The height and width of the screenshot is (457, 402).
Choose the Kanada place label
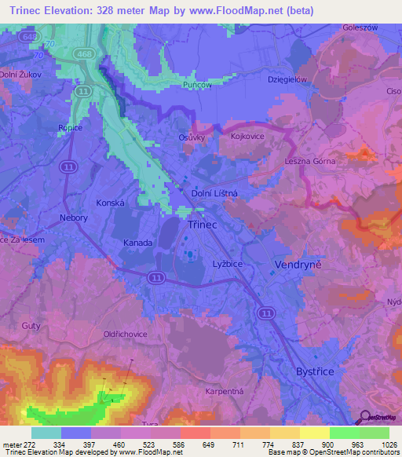tap(137, 243)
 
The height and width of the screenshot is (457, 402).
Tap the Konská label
tap(111, 202)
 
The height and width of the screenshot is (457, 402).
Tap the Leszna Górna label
tap(310, 162)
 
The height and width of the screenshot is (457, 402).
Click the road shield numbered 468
tap(84, 53)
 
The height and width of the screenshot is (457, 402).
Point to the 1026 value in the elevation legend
tap(389, 444)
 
